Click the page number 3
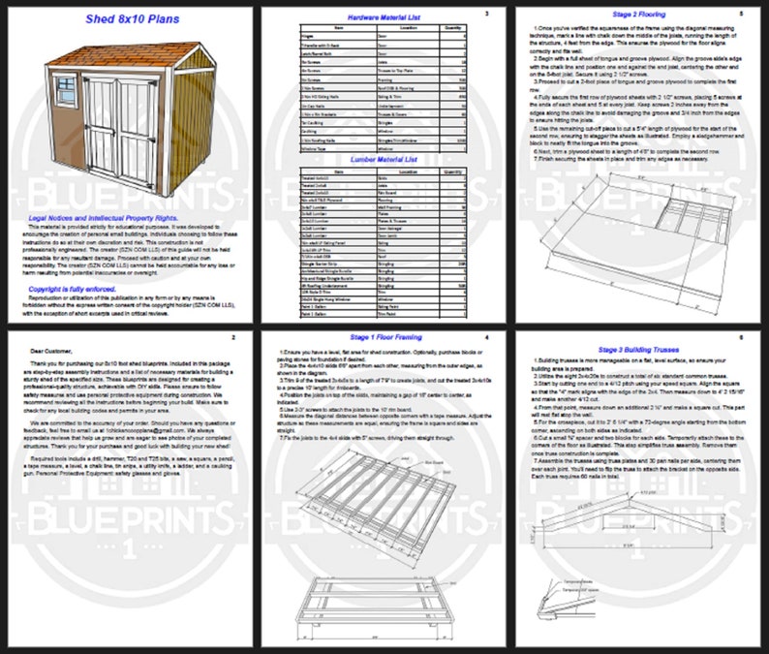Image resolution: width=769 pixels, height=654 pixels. (486, 14)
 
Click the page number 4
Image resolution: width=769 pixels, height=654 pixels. (486, 338)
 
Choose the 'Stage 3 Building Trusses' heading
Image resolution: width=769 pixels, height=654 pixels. (640, 339)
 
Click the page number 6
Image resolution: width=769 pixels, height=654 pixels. (741, 338)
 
